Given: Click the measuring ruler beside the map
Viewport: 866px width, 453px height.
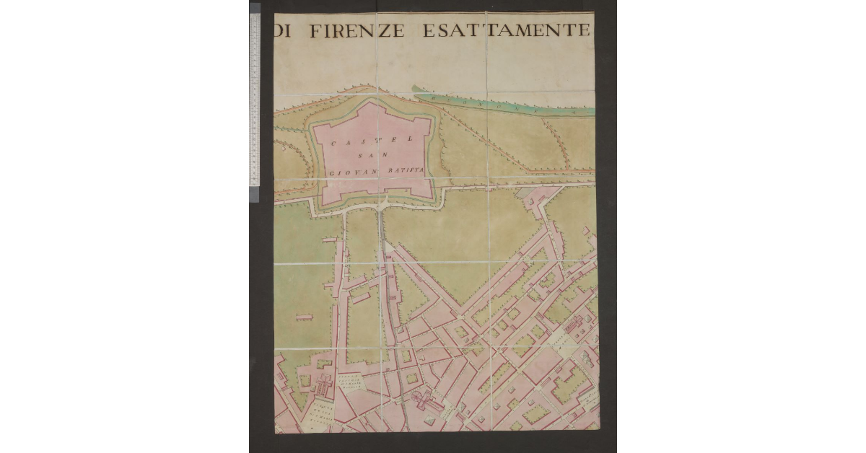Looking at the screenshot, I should [254, 101].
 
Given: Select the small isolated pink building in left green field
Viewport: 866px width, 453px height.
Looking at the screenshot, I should [304, 316].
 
